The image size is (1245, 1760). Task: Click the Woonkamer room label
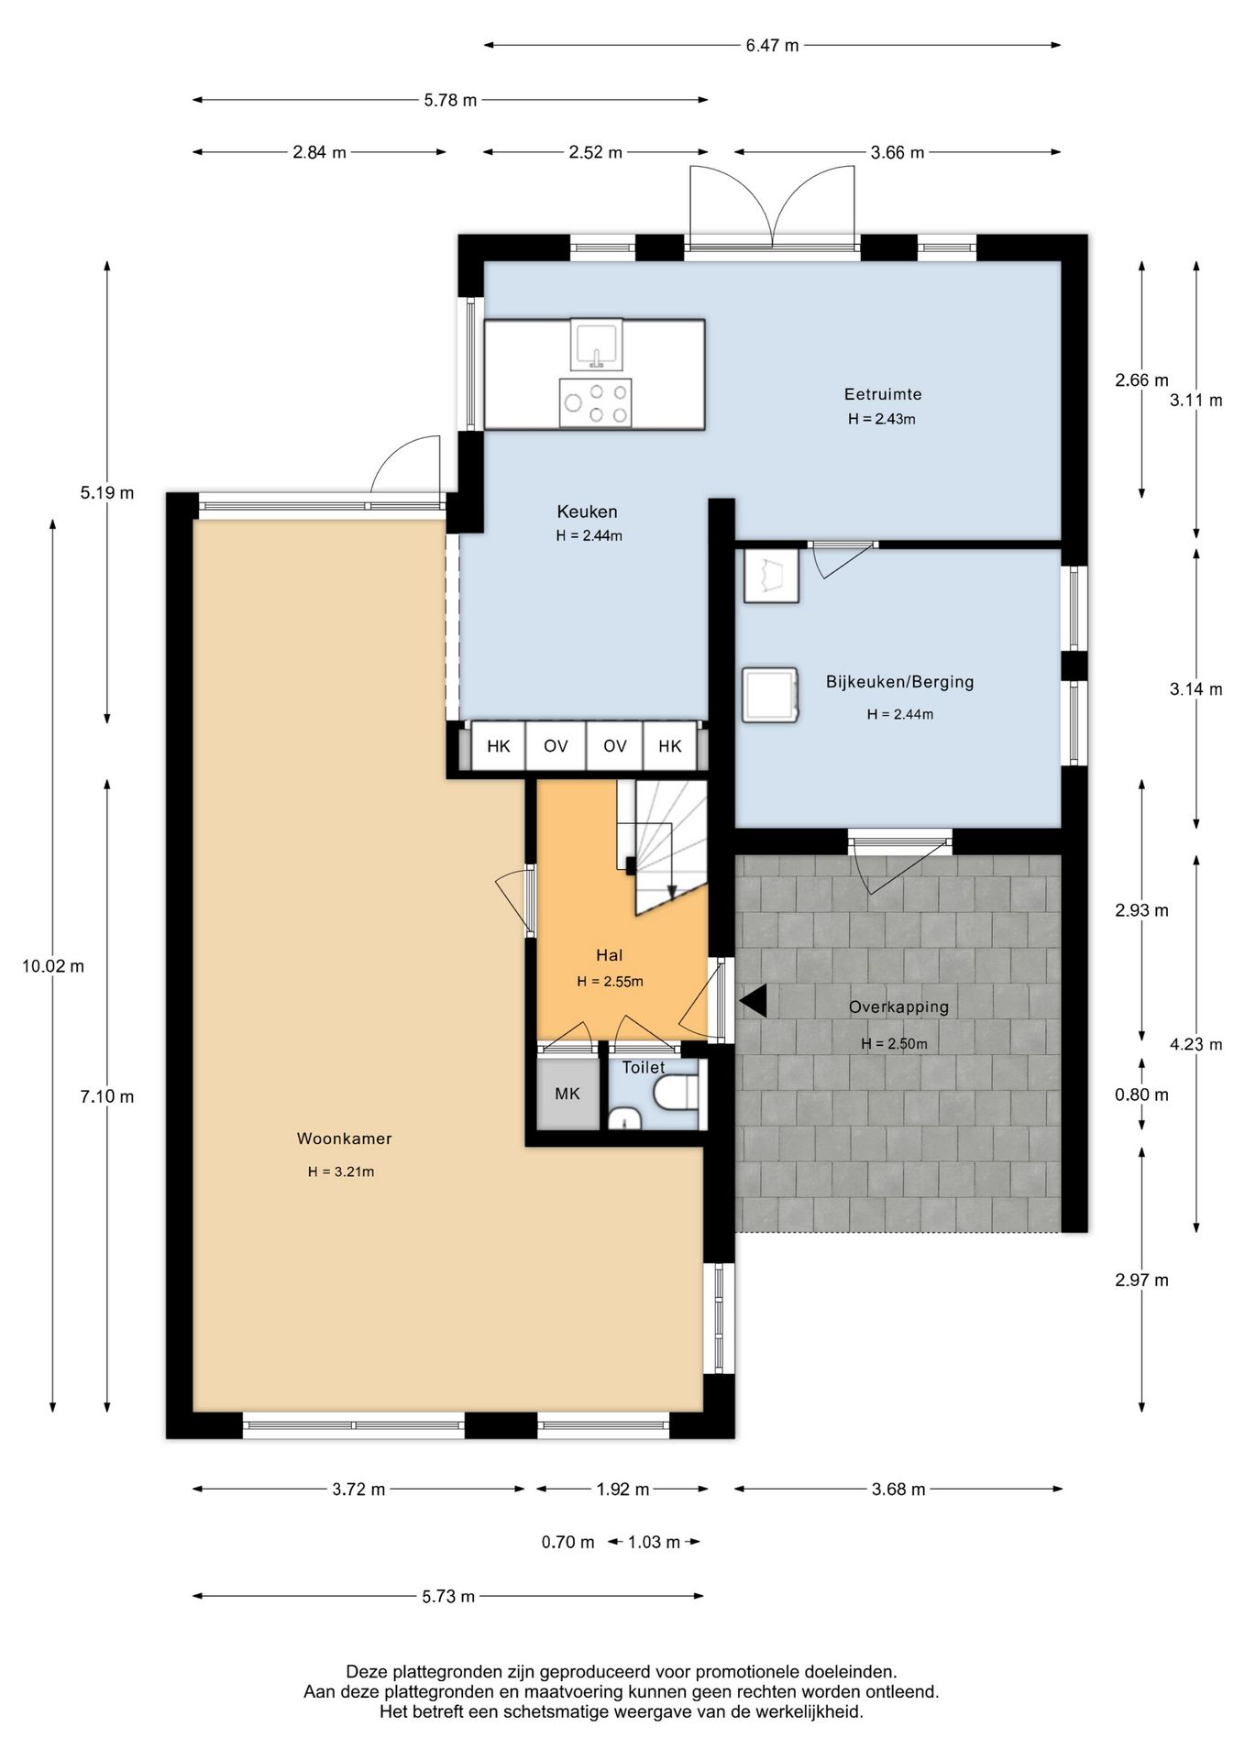[344, 1138]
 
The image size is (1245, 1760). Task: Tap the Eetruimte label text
[883, 394]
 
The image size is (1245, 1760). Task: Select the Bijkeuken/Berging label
[899, 682]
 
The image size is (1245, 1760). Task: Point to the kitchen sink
[596, 345]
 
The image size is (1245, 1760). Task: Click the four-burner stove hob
[596, 403]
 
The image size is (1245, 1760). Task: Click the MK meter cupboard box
[567, 1094]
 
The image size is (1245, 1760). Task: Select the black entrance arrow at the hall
[753, 1001]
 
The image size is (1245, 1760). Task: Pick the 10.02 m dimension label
[53, 966]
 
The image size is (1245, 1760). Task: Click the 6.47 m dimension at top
[772, 45]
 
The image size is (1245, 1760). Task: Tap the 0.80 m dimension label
[1141, 1094]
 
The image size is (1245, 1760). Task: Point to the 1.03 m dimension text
[654, 1542]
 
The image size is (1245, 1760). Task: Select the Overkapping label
[898, 1006]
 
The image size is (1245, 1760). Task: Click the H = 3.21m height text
[341, 1171]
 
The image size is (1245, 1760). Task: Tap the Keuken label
[587, 511]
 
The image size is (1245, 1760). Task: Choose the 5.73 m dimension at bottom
[448, 1596]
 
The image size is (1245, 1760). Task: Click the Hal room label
[609, 955]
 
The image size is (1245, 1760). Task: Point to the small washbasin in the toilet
[624, 1118]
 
